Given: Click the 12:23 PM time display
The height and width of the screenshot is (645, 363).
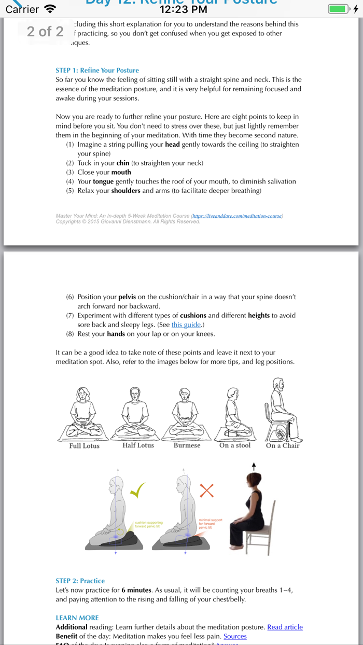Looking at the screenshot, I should (184, 9).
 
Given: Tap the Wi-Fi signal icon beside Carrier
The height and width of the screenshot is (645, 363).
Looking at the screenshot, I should (50, 9).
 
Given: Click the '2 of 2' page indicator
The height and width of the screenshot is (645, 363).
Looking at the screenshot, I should (45, 32).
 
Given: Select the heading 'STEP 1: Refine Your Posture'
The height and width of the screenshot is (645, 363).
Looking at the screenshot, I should (97, 71).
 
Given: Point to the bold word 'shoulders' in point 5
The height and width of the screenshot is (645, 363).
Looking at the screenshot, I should (125, 191).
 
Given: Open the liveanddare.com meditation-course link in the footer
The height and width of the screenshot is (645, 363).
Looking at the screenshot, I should (237, 216).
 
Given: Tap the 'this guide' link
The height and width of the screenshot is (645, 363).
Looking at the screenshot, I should (186, 325).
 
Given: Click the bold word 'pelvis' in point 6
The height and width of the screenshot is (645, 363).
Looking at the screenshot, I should (127, 297).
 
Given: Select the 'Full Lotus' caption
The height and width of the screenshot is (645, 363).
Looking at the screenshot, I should (84, 446).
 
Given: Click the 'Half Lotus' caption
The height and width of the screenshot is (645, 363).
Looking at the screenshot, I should (138, 445).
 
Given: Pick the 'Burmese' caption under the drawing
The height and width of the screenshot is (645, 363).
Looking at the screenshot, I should (187, 445).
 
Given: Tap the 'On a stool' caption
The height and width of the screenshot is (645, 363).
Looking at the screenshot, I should (235, 445).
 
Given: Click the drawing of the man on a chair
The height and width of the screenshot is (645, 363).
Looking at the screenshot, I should (282, 410).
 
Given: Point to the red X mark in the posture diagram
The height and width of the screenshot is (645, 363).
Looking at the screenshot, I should (206, 490).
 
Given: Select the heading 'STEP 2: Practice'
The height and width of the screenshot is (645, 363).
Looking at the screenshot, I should (80, 581).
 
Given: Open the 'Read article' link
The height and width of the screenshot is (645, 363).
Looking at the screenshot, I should (285, 627).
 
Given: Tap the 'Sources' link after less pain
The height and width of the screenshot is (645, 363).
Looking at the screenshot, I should (235, 636).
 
